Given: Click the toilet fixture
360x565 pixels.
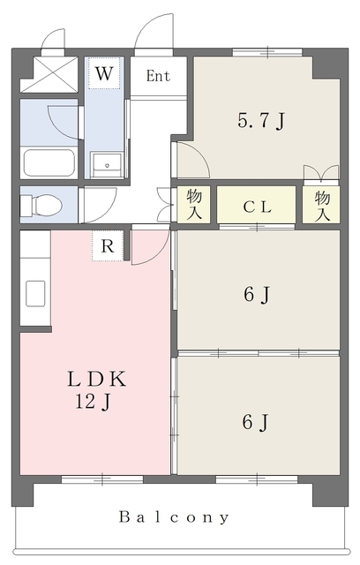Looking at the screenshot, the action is (x=41, y=205).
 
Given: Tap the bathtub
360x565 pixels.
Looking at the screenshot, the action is (x=49, y=162).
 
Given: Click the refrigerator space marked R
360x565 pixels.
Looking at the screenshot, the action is (x=108, y=245).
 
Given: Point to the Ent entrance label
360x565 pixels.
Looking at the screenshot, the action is (x=158, y=76).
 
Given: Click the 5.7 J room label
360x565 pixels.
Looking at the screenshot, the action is (x=261, y=121).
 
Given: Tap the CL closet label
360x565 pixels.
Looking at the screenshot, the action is (x=257, y=207).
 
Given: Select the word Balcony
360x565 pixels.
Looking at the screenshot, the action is (x=174, y=517).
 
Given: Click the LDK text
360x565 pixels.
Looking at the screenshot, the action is (x=97, y=379).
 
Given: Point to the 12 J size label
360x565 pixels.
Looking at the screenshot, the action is (x=94, y=401).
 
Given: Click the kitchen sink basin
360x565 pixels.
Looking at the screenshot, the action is (x=35, y=293).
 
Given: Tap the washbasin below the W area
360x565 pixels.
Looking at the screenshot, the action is (x=107, y=165).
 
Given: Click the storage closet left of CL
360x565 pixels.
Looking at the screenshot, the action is (x=194, y=204).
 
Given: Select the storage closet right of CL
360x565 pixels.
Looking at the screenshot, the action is (x=321, y=204).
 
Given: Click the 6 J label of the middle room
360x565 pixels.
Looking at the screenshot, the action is (x=256, y=295).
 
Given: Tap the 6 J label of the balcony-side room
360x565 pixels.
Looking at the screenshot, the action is (x=255, y=422).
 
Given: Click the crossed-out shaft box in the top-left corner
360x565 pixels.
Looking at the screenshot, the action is (x=49, y=74).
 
